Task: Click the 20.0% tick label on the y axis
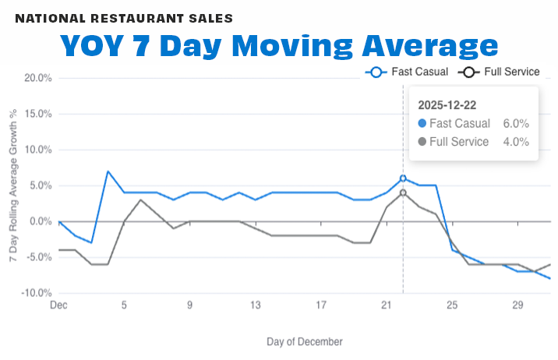38,78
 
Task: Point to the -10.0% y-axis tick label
37,293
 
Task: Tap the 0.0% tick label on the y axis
41,221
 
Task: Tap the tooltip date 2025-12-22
448,104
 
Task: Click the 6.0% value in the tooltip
516,123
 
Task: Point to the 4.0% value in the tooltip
516,142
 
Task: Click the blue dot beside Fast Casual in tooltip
422,123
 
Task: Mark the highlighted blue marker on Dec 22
403,178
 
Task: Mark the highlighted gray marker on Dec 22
403,192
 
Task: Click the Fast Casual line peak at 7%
108,171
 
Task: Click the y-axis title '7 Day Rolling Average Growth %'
13,185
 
